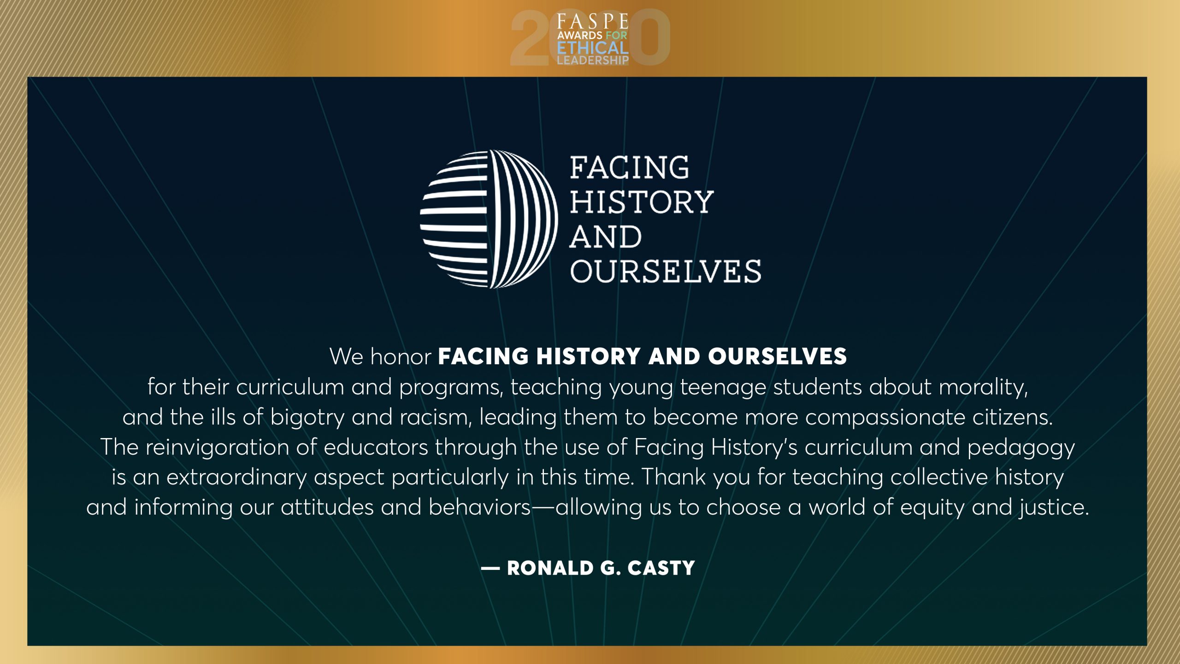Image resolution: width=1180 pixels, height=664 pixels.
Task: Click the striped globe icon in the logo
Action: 489,219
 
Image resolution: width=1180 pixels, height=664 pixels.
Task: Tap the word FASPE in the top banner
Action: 593,22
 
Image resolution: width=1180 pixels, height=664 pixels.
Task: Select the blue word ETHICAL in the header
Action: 593,48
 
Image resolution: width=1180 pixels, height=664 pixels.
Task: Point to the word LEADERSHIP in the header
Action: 593,60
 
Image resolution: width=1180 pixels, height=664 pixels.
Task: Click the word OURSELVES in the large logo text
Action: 666,271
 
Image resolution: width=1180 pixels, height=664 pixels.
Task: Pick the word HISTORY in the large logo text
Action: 642,202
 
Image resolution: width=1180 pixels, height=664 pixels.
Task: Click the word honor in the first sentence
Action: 401,356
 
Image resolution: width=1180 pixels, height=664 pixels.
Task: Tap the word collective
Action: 939,477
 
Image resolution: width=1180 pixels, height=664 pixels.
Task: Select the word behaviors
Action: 480,507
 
